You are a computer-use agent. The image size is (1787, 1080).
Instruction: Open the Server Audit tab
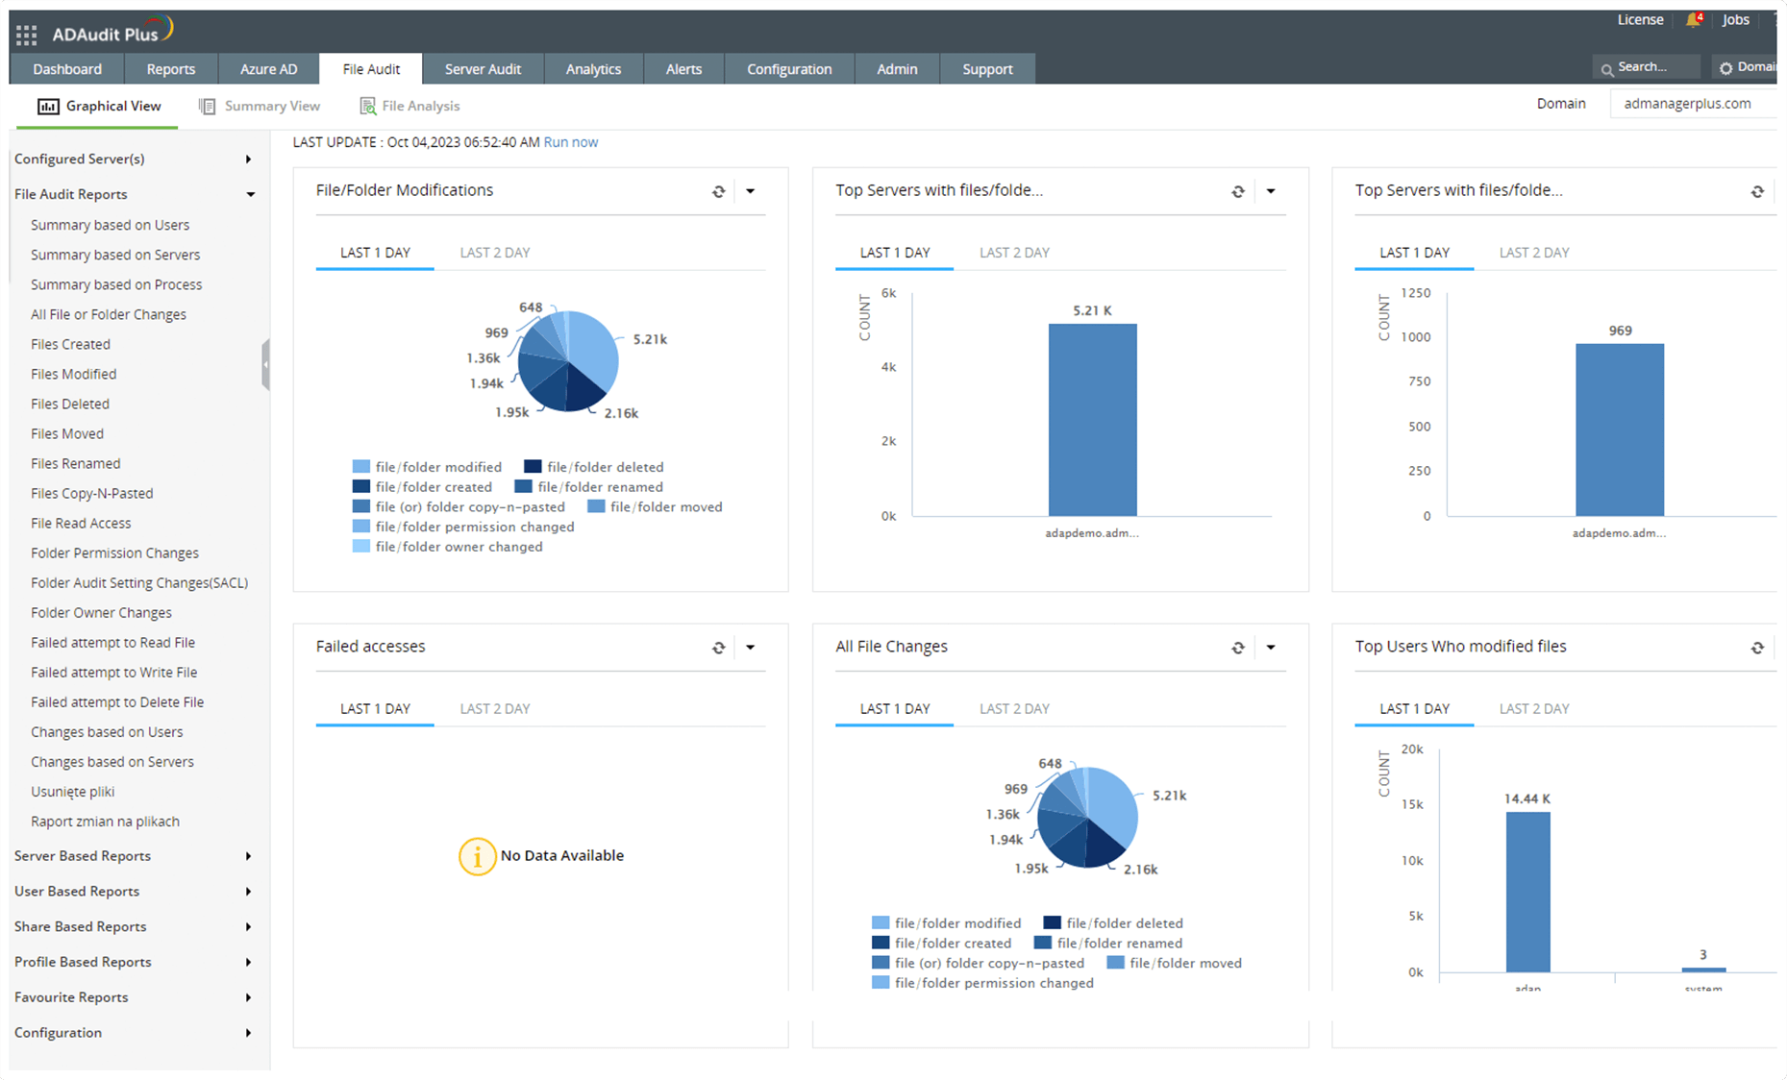(x=483, y=69)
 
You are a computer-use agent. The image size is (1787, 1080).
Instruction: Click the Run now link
(x=570, y=142)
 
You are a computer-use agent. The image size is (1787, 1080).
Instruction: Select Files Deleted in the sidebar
(x=70, y=404)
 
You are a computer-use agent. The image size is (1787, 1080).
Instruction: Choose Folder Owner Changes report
(x=101, y=612)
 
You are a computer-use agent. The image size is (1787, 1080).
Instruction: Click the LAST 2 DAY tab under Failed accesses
(x=494, y=709)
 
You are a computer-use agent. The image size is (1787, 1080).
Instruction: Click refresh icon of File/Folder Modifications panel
(x=718, y=191)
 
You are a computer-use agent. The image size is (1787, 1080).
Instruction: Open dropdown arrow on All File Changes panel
(x=1271, y=648)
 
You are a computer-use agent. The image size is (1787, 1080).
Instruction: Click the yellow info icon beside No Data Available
(x=477, y=856)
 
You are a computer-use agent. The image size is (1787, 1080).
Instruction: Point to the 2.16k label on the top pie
(x=621, y=413)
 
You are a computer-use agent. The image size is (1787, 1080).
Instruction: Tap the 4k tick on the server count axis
(x=888, y=367)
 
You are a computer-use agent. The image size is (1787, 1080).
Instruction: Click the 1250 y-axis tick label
(x=1415, y=293)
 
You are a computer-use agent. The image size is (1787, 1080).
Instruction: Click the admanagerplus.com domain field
(x=1688, y=104)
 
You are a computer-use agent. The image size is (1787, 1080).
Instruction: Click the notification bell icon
(x=1693, y=20)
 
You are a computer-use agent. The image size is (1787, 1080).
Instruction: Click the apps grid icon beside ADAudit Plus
(x=26, y=36)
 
